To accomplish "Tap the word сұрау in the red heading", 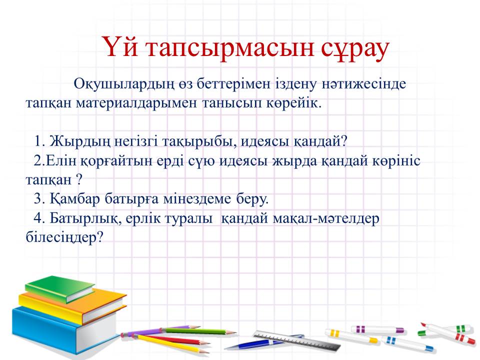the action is click(355, 49).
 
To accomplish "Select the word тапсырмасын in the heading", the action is click(230, 49).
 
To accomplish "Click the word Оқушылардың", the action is click(124, 84).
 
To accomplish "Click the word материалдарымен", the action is click(136, 103).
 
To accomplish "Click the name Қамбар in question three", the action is click(74, 199).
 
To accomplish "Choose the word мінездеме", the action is click(197, 199).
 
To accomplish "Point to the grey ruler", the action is click(297, 340).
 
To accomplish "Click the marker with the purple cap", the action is click(377, 329).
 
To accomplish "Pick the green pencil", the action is click(199, 331).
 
